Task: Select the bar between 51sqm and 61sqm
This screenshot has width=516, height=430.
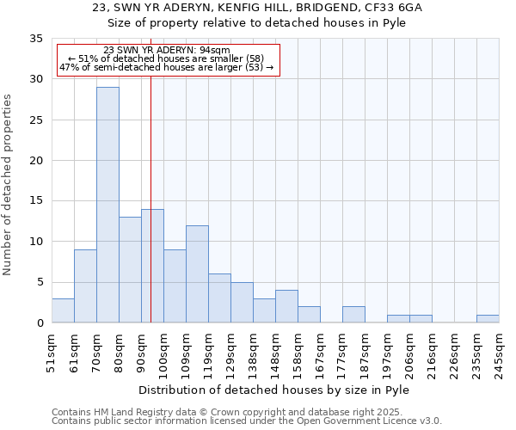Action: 63,310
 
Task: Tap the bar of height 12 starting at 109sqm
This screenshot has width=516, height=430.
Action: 197,273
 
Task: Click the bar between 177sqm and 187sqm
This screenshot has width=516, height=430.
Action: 353,315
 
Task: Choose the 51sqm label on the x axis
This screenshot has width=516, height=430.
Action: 52,353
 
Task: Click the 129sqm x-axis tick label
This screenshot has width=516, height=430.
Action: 230,353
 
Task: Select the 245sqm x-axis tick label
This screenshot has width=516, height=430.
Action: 499,353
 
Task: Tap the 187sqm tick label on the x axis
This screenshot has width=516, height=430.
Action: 365,353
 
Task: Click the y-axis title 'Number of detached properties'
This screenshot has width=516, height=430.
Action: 9,185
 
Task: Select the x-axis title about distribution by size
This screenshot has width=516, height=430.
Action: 273,390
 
